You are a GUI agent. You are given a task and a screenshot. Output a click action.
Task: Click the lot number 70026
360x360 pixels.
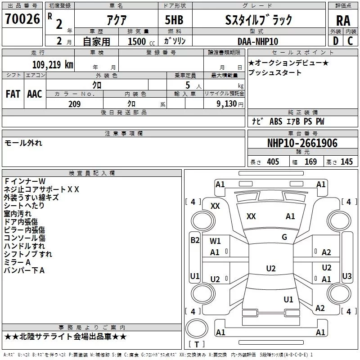22,19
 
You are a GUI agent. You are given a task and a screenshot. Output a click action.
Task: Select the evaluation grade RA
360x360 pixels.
343,21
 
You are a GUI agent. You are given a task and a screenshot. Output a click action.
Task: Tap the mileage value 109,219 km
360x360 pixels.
53,64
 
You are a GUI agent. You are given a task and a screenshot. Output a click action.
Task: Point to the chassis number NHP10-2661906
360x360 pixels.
302,143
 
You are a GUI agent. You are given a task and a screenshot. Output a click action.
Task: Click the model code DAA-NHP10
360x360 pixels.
258,41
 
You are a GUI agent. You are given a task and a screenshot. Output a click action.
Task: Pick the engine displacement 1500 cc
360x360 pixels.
141,41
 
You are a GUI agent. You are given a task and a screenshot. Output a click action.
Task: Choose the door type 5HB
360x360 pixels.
174,20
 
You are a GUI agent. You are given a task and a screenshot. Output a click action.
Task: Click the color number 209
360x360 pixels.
74,104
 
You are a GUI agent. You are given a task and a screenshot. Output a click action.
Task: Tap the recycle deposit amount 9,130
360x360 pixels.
227,104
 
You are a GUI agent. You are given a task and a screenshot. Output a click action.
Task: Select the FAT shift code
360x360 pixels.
13,94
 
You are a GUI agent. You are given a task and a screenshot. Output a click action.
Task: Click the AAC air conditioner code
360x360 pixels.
35,94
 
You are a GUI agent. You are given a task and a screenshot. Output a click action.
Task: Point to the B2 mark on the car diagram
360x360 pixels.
195,240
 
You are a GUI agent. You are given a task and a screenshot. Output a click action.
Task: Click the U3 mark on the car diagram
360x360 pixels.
346,276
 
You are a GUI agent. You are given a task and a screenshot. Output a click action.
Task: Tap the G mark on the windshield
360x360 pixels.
284,237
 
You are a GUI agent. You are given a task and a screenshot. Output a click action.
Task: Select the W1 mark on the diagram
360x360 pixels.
215,241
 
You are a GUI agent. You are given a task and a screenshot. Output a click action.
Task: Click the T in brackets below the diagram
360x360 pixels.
197,344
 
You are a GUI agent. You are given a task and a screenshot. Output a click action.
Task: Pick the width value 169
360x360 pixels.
310,162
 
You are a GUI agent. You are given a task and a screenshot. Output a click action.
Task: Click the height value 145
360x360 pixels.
346,162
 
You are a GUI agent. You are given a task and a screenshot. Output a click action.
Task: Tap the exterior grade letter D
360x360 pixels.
336,41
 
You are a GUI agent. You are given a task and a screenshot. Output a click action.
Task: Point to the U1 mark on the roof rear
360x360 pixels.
288,299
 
